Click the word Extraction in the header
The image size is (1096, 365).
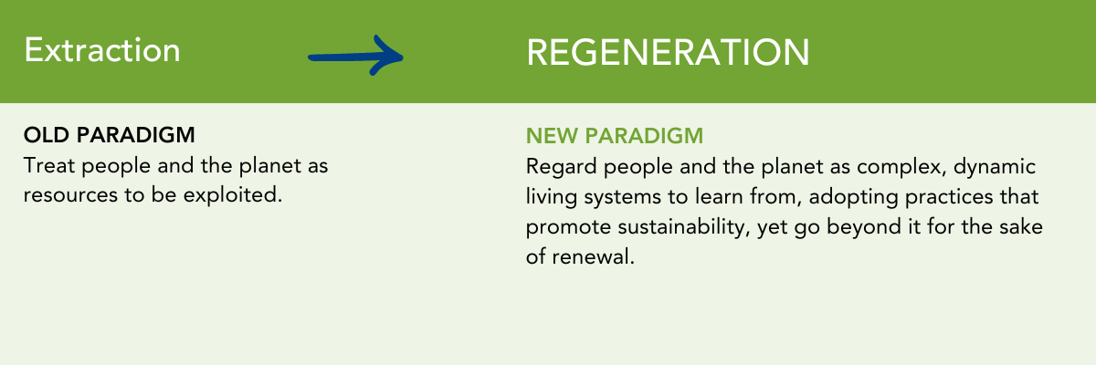(102, 50)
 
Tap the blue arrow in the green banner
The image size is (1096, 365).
(355, 57)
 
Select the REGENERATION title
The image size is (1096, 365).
(668, 52)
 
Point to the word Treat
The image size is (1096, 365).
(49, 166)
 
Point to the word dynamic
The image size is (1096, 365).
(995, 168)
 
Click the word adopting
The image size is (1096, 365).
(853, 197)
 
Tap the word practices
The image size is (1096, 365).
(949, 197)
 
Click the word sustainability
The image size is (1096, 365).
(684, 227)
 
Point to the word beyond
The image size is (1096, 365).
(864, 227)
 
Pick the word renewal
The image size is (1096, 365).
(593, 256)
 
